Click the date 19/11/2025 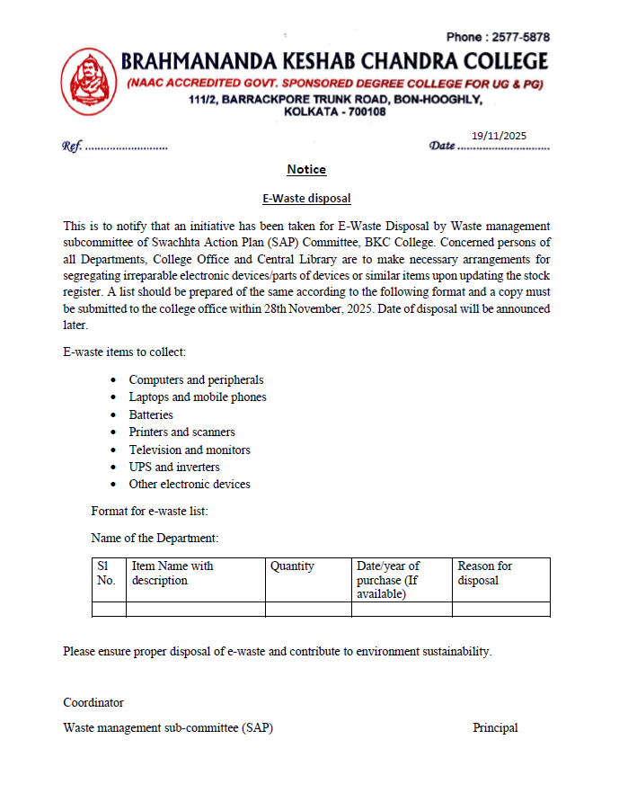point(499,136)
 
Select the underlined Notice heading point(306,170)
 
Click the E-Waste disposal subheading point(306,198)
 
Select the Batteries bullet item point(151,414)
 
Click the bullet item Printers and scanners point(181,432)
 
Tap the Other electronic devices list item point(190,484)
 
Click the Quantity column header point(292,566)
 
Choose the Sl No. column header point(106,573)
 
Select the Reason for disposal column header point(485,573)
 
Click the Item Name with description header point(172,573)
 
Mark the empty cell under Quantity point(308,609)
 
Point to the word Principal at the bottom point(495,728)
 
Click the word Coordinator point(93,702)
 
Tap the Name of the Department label point(155,538)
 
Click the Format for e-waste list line point(149,511)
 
